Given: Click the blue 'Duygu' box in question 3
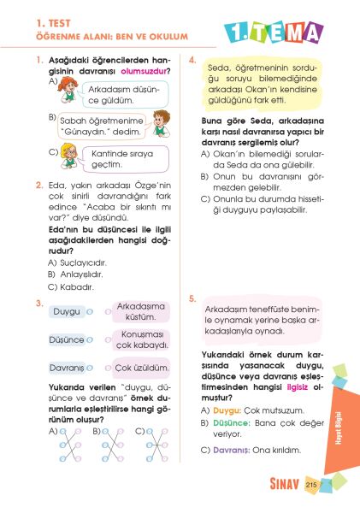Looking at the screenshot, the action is tap(66, 312).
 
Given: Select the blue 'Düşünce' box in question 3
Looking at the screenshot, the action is tap(68, 339).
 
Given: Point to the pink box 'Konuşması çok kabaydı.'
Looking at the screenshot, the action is tap(142, 339).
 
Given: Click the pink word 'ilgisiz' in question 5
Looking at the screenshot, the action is tap(298, 385).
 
